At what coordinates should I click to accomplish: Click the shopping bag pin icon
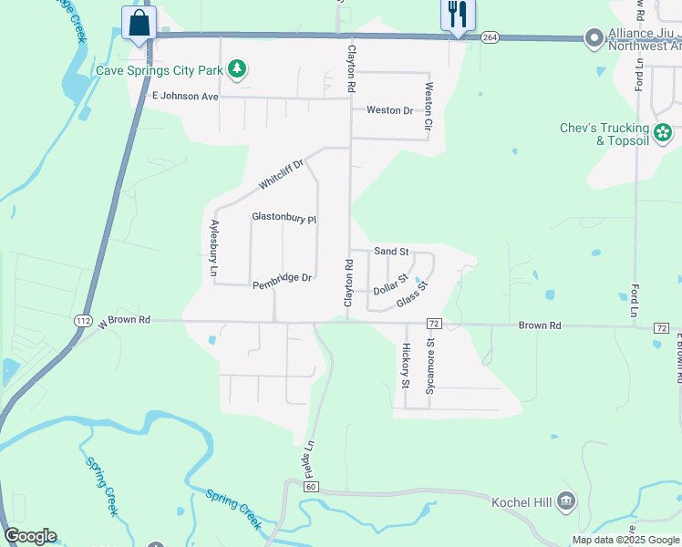[x=139, y=23]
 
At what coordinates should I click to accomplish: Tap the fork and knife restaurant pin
[x=457, y=15]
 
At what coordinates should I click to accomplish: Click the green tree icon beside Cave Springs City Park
[x=237, y=68]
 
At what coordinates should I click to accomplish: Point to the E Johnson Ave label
[x=185, y=96]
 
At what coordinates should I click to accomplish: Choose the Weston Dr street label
[x=389, y=110]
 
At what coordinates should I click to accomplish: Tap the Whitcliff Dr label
[x=280, y=170]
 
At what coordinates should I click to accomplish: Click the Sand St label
[x=391, y=251]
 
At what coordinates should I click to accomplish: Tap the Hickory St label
[x=406, y=365]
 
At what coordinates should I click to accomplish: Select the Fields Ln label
[x=309, y=461]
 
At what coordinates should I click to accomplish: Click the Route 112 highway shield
[x=83, y=320]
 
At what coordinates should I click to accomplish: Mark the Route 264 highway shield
[x=491, y=36]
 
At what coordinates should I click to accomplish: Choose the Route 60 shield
[x=311, y=487]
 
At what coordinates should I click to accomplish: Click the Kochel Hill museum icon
[x=566, y=500]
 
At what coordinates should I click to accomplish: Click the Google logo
[x=30, y=536]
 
